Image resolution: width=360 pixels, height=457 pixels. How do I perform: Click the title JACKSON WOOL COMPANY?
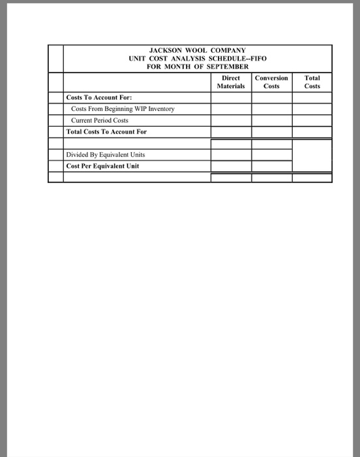197,50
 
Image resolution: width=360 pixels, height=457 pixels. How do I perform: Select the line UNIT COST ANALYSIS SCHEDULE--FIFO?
197,59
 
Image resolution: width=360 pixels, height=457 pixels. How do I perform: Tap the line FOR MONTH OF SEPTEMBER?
197,67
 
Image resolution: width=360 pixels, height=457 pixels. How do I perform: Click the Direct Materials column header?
231,82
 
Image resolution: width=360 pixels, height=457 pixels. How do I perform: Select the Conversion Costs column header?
271,82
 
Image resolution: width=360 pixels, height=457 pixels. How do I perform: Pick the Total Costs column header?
312,82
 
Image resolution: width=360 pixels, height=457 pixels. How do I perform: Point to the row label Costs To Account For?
98,97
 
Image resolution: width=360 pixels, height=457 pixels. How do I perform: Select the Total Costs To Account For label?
106,131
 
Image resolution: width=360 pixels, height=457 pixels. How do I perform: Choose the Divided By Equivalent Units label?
106,155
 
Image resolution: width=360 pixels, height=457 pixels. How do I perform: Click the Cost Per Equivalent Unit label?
102,166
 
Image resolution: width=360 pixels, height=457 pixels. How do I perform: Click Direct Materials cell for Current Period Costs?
231,120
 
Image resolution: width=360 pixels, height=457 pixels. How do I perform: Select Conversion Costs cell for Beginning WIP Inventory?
271,108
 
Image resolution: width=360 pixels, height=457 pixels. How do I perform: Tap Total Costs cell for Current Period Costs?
312,120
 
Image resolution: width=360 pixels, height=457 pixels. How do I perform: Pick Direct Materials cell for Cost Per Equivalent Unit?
231,166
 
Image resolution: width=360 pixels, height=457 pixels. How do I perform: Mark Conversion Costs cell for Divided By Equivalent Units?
271,155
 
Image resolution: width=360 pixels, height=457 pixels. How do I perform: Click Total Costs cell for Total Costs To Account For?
312,131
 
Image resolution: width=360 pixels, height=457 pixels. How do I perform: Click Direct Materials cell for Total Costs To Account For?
231,131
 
